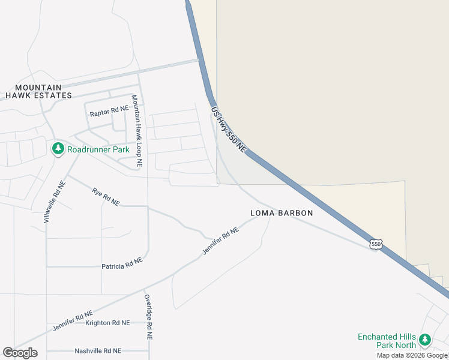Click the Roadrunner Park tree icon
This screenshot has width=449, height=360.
point(58,148)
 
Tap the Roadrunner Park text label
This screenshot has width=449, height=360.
point(98,149)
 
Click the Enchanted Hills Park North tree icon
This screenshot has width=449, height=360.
point(425,340)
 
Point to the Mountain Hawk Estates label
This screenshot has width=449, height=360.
point(39,91)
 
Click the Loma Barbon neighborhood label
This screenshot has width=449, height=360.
point(282,213)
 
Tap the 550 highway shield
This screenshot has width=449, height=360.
point(376,244)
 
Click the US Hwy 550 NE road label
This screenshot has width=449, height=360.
point(229,129)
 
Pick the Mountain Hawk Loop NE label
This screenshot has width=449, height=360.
point(137,130)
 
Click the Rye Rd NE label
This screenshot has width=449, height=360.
point(106,197)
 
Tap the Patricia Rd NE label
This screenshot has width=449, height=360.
point(122,263)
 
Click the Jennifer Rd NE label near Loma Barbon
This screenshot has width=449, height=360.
point(220,240)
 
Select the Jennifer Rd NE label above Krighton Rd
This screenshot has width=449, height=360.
point(73,320)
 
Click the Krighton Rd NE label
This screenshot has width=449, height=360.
point(107,323)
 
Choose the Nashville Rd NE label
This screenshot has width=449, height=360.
point(98,351)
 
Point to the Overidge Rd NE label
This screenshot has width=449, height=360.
point(148,317)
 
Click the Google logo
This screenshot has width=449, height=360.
point(20,353)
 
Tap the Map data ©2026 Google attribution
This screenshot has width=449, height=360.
point(412,355)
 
